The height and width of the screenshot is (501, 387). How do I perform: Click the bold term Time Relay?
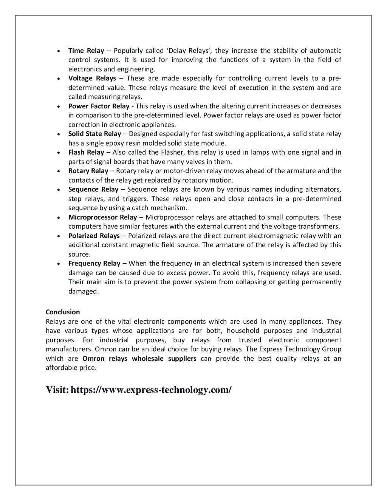click(x=86, y=51)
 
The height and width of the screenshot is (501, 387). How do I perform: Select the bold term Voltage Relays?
click(x=92, y=78)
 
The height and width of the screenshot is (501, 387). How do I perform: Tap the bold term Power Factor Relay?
click(x=99, y=106)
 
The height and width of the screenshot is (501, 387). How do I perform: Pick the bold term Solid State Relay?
click(x=94, y=134)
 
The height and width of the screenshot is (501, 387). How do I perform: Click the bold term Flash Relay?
click(x=86, y=152)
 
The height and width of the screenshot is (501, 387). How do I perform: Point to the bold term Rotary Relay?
click(x=88, y=171)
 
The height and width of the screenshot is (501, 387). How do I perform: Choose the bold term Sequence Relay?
click(x=93, y=189)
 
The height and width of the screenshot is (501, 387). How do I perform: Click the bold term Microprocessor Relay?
click(x=102, y=217)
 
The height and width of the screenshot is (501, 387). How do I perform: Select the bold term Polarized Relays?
click(x=94, y=236)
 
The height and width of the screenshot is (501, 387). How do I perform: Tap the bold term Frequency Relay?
click(x=94, y=263)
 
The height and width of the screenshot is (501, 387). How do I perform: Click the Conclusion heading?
click(x=63, y=312)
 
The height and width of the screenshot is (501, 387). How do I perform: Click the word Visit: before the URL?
click(x=57, y=390)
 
